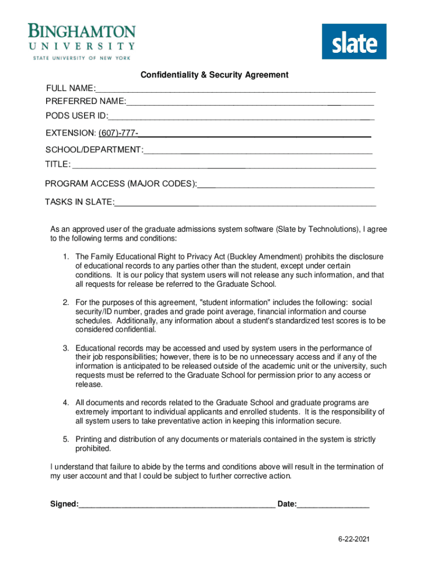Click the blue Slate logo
coord(354,41)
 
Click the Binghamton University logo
coord(82,42)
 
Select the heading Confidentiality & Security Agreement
coord(214,74)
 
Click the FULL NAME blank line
coord(235,90)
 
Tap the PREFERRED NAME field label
coord(85,101)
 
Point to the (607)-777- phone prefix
coord(118,133)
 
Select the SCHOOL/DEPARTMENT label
coord(93,150)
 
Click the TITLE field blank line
coord(224,166)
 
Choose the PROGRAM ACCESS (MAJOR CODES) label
coord(121,184)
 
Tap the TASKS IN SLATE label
coord(79,202)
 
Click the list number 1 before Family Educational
coord(65,257)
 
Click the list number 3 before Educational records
coord(65,348)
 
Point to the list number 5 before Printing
coord(65,439)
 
